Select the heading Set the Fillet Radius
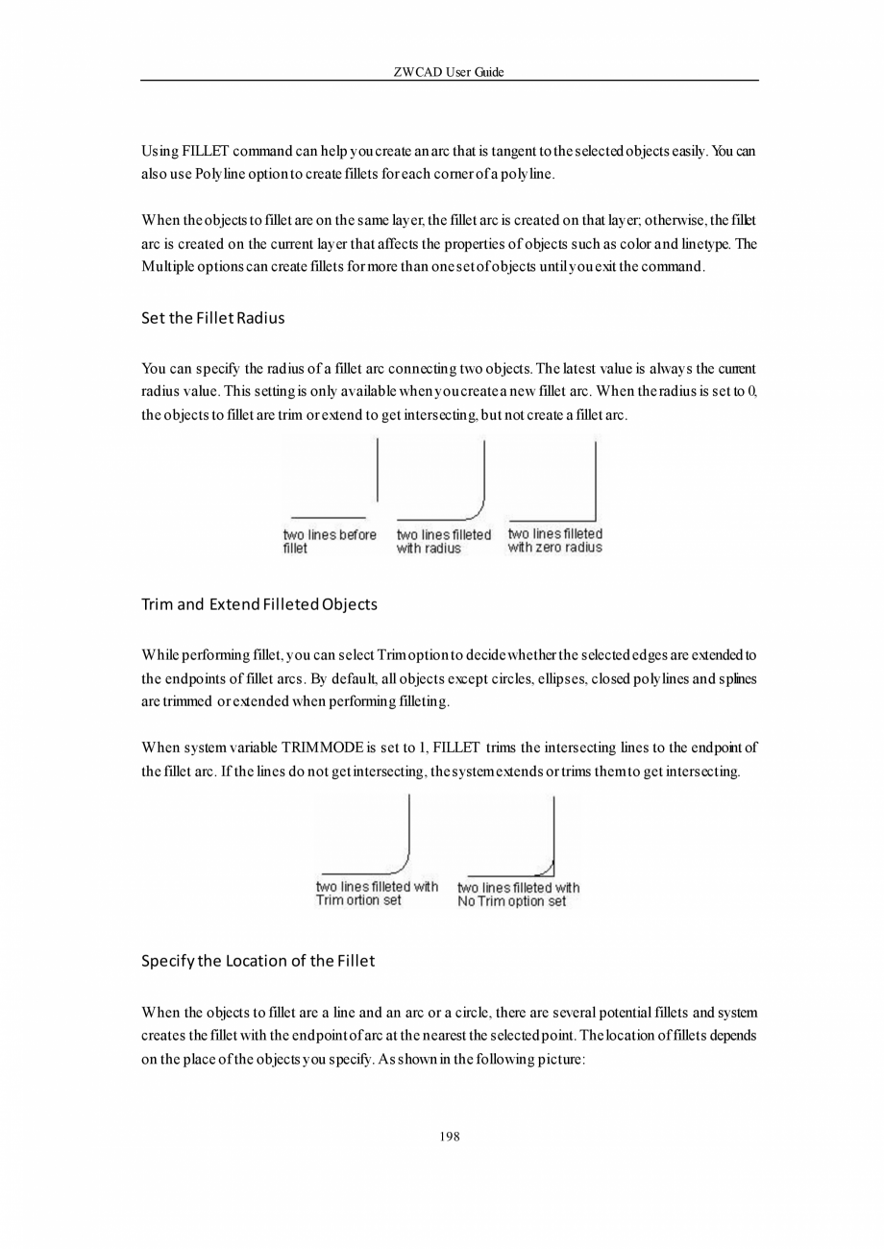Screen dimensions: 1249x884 (212, 318)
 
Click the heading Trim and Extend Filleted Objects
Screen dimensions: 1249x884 (258, 604)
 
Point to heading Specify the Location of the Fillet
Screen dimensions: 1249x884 (258, 960)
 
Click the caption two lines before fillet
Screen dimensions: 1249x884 (329, 541)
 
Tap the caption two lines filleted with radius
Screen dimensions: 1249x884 (443, 541)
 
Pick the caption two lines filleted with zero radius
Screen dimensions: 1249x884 (554, 540)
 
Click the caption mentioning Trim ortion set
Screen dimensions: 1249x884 (376, 894)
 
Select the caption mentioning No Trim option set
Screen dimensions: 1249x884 (518, 894)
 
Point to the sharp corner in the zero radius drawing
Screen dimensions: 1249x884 (596, 520)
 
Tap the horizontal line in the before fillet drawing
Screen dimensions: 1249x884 (327, 518)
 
